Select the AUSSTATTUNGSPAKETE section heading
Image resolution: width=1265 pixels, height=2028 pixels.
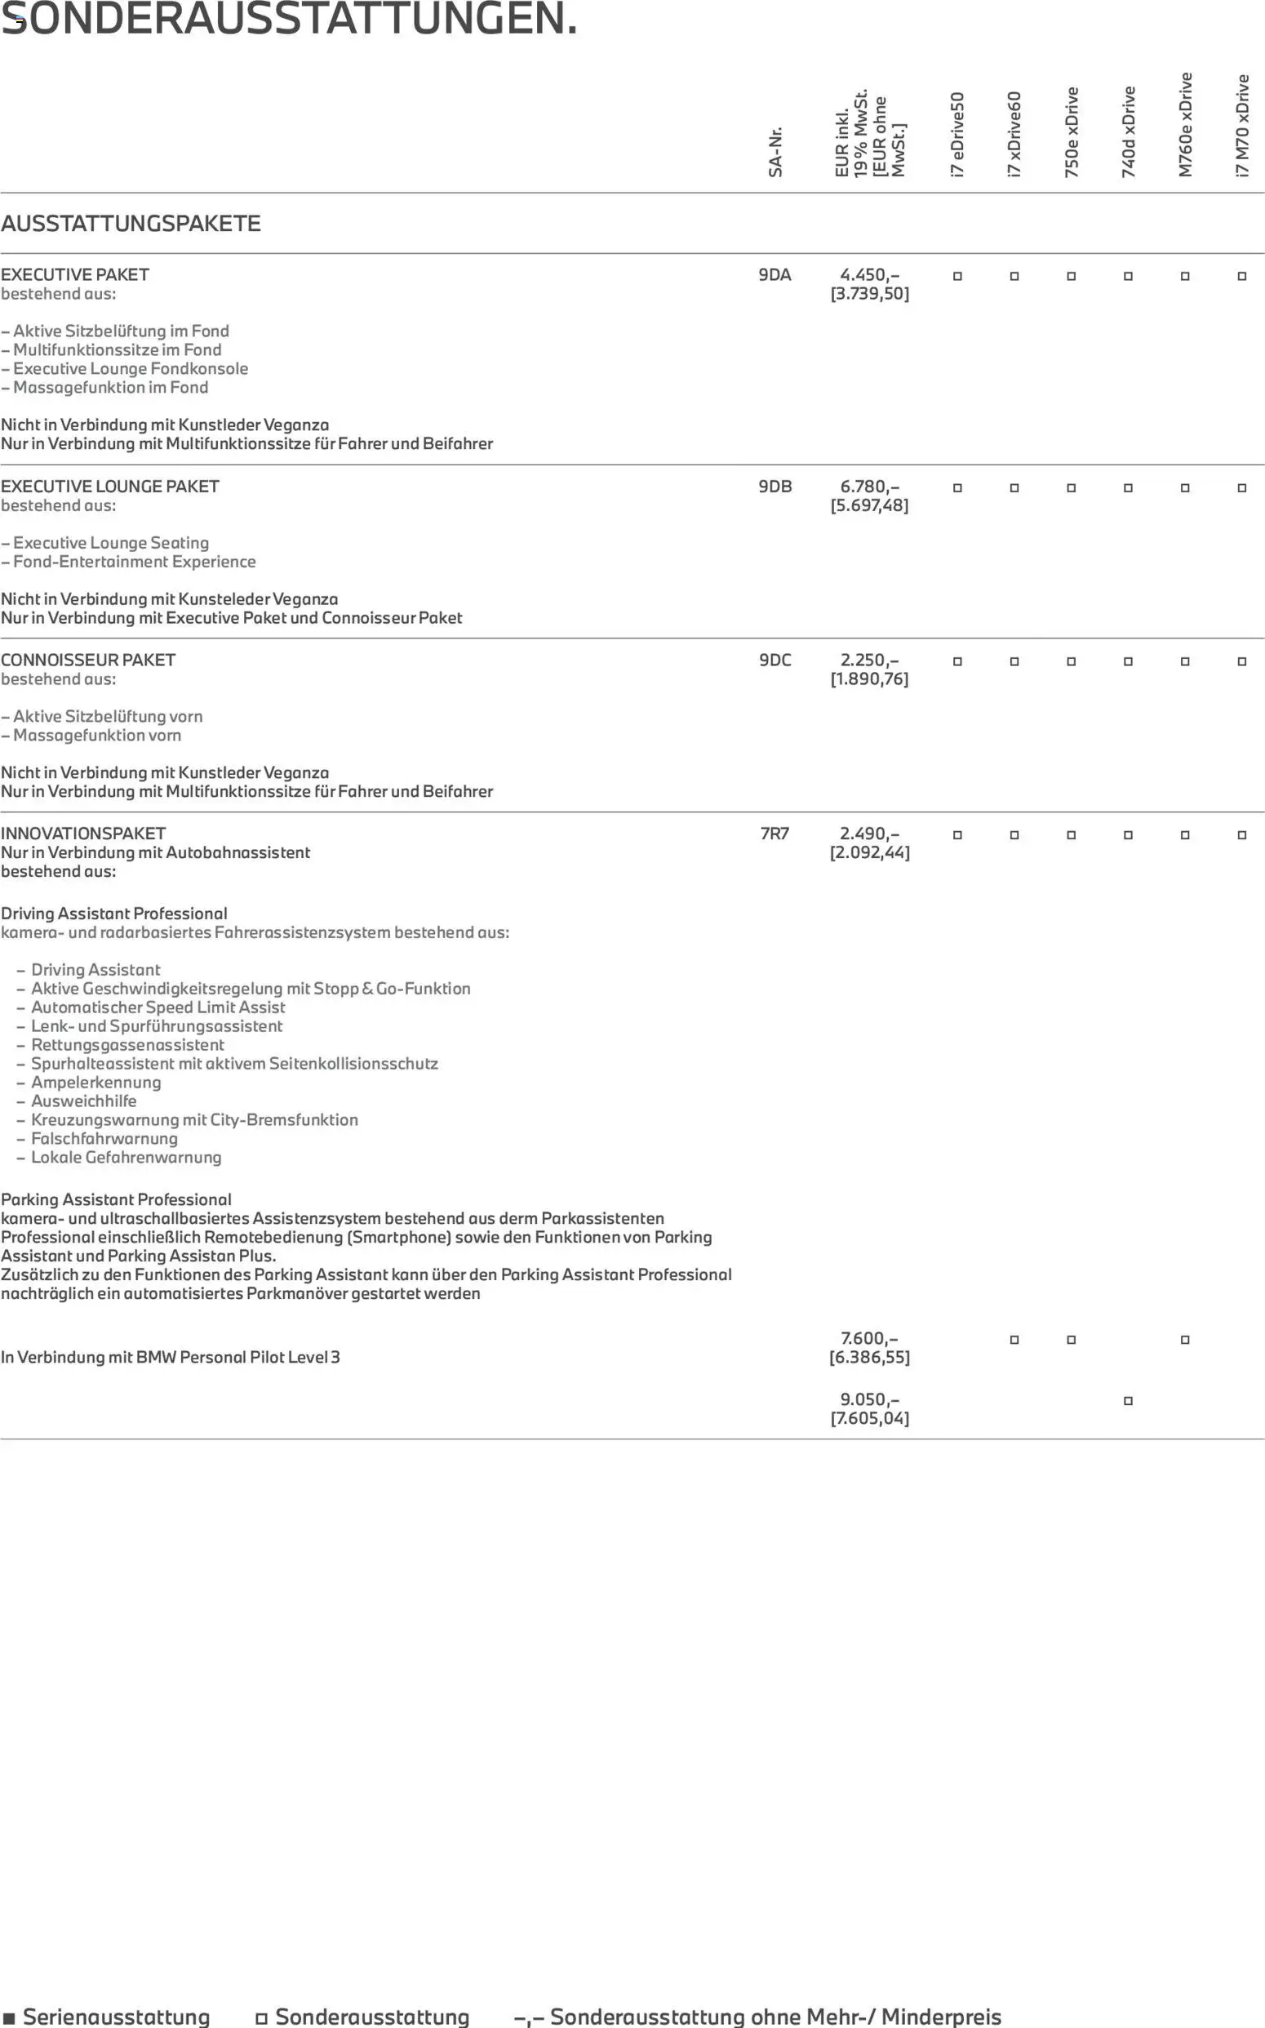click(x=131, y=224)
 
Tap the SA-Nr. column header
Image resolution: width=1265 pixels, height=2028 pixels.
click(x=775, y=152)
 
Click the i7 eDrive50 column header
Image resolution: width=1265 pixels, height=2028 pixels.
click(x=957, y=134)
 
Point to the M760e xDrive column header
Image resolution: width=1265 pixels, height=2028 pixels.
click(x=1185, y=125)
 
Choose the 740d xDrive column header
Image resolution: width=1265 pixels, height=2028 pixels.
click(x=1128, y=131)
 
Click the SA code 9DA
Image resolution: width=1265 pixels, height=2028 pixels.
click(x=775, y=275)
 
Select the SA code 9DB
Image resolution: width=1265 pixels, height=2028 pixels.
click(x=775, y=487)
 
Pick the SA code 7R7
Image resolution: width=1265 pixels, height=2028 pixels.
click(x=775, y=834)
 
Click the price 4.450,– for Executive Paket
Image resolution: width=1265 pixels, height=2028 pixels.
click(x=869, y=275)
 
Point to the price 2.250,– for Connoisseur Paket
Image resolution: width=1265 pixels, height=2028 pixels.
click(x=869, y=660)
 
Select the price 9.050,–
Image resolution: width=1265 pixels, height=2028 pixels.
click(x=869, y=1399)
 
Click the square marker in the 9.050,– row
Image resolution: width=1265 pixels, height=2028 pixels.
click(x=1128, y=1401)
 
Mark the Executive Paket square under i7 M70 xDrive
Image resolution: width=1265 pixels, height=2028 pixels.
click(x=1241, y=276)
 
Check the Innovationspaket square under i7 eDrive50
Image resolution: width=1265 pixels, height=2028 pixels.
click(x=957, y=835)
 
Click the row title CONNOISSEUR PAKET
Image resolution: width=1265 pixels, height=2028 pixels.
click(x=88, y=660)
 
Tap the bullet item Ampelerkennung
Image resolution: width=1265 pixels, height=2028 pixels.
click(x=95, y=1083)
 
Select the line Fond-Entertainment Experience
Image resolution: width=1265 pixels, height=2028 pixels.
click(x=134, y=562)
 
